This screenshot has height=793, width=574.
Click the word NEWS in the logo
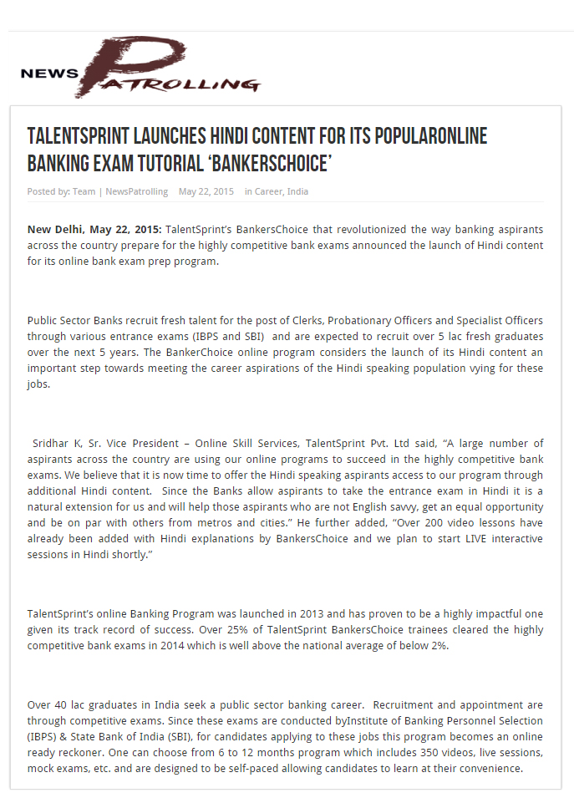pos(48,73)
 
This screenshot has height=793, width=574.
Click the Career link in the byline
pos(268,191)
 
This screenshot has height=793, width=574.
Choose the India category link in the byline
pos(297,191)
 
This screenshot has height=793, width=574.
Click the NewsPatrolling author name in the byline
pos(136,191)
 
